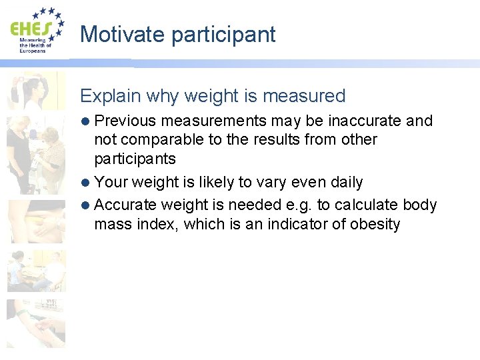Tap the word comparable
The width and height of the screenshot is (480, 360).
(x=155, y=140)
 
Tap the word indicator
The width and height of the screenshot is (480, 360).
(x=296, y=224)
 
